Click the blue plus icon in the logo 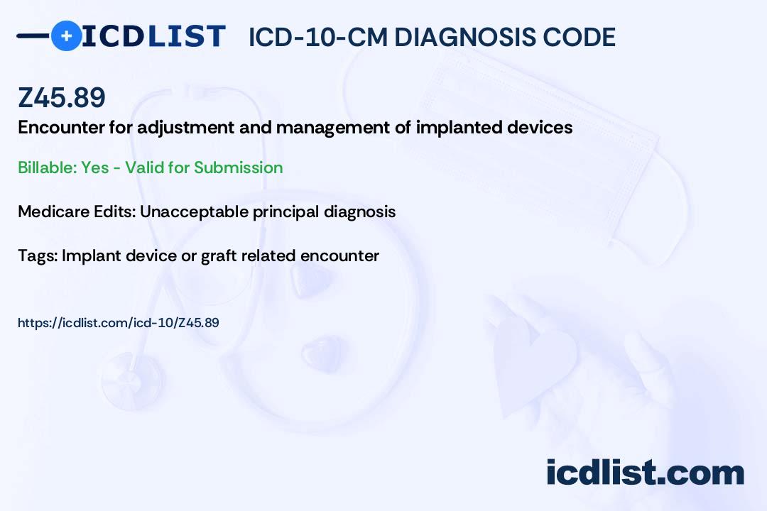coord(66,36)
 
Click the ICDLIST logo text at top coord(153,36)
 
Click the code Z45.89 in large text coord(62,97)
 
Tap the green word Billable coord(47,167)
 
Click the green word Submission coord(238,167)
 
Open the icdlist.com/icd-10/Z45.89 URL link coord(119,323)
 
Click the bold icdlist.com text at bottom coord(645,473)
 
